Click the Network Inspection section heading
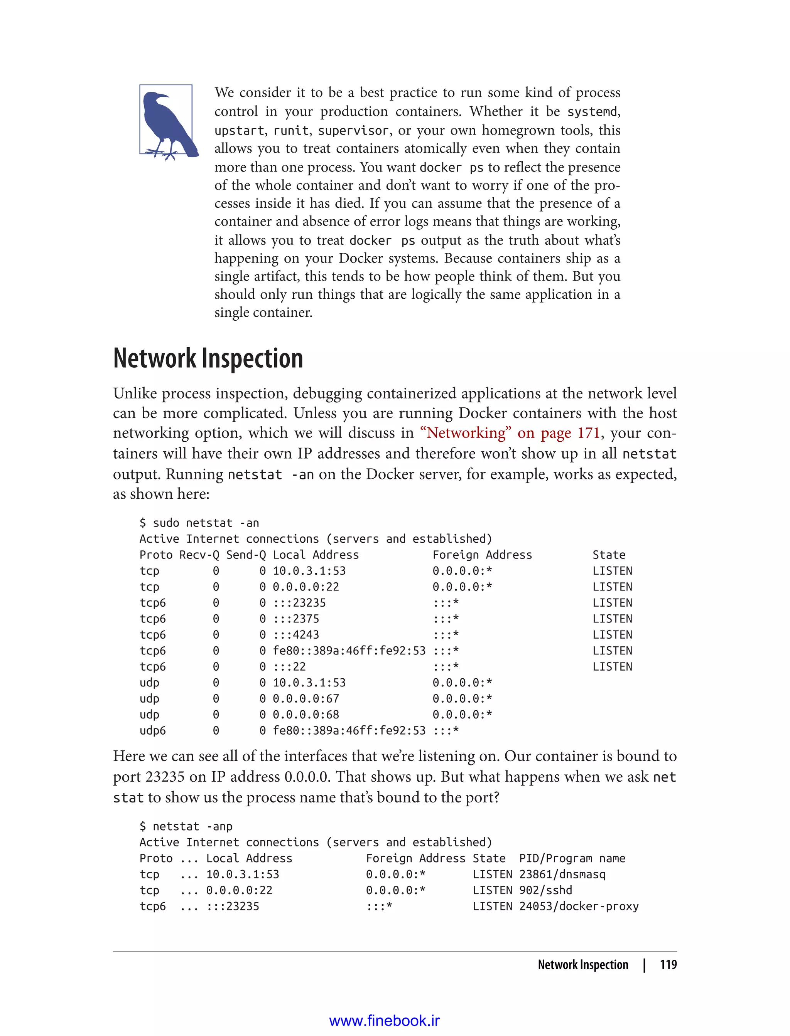[x=208, y=358]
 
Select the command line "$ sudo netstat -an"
[x=199, y=523]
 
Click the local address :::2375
[x=296, y=619]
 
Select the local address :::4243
[x=296, y=635]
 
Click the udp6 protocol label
[x=153, y=731]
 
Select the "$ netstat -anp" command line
[x=186, y=826]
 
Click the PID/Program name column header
[x=572, y=858]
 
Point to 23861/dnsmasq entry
[x=562, y=875]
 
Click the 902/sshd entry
[x=545, y=890]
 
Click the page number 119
[x=668, y=965]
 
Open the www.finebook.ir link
[x=384, y=1021]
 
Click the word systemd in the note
[x=592, y=112]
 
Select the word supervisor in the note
[x=353, y=130]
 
